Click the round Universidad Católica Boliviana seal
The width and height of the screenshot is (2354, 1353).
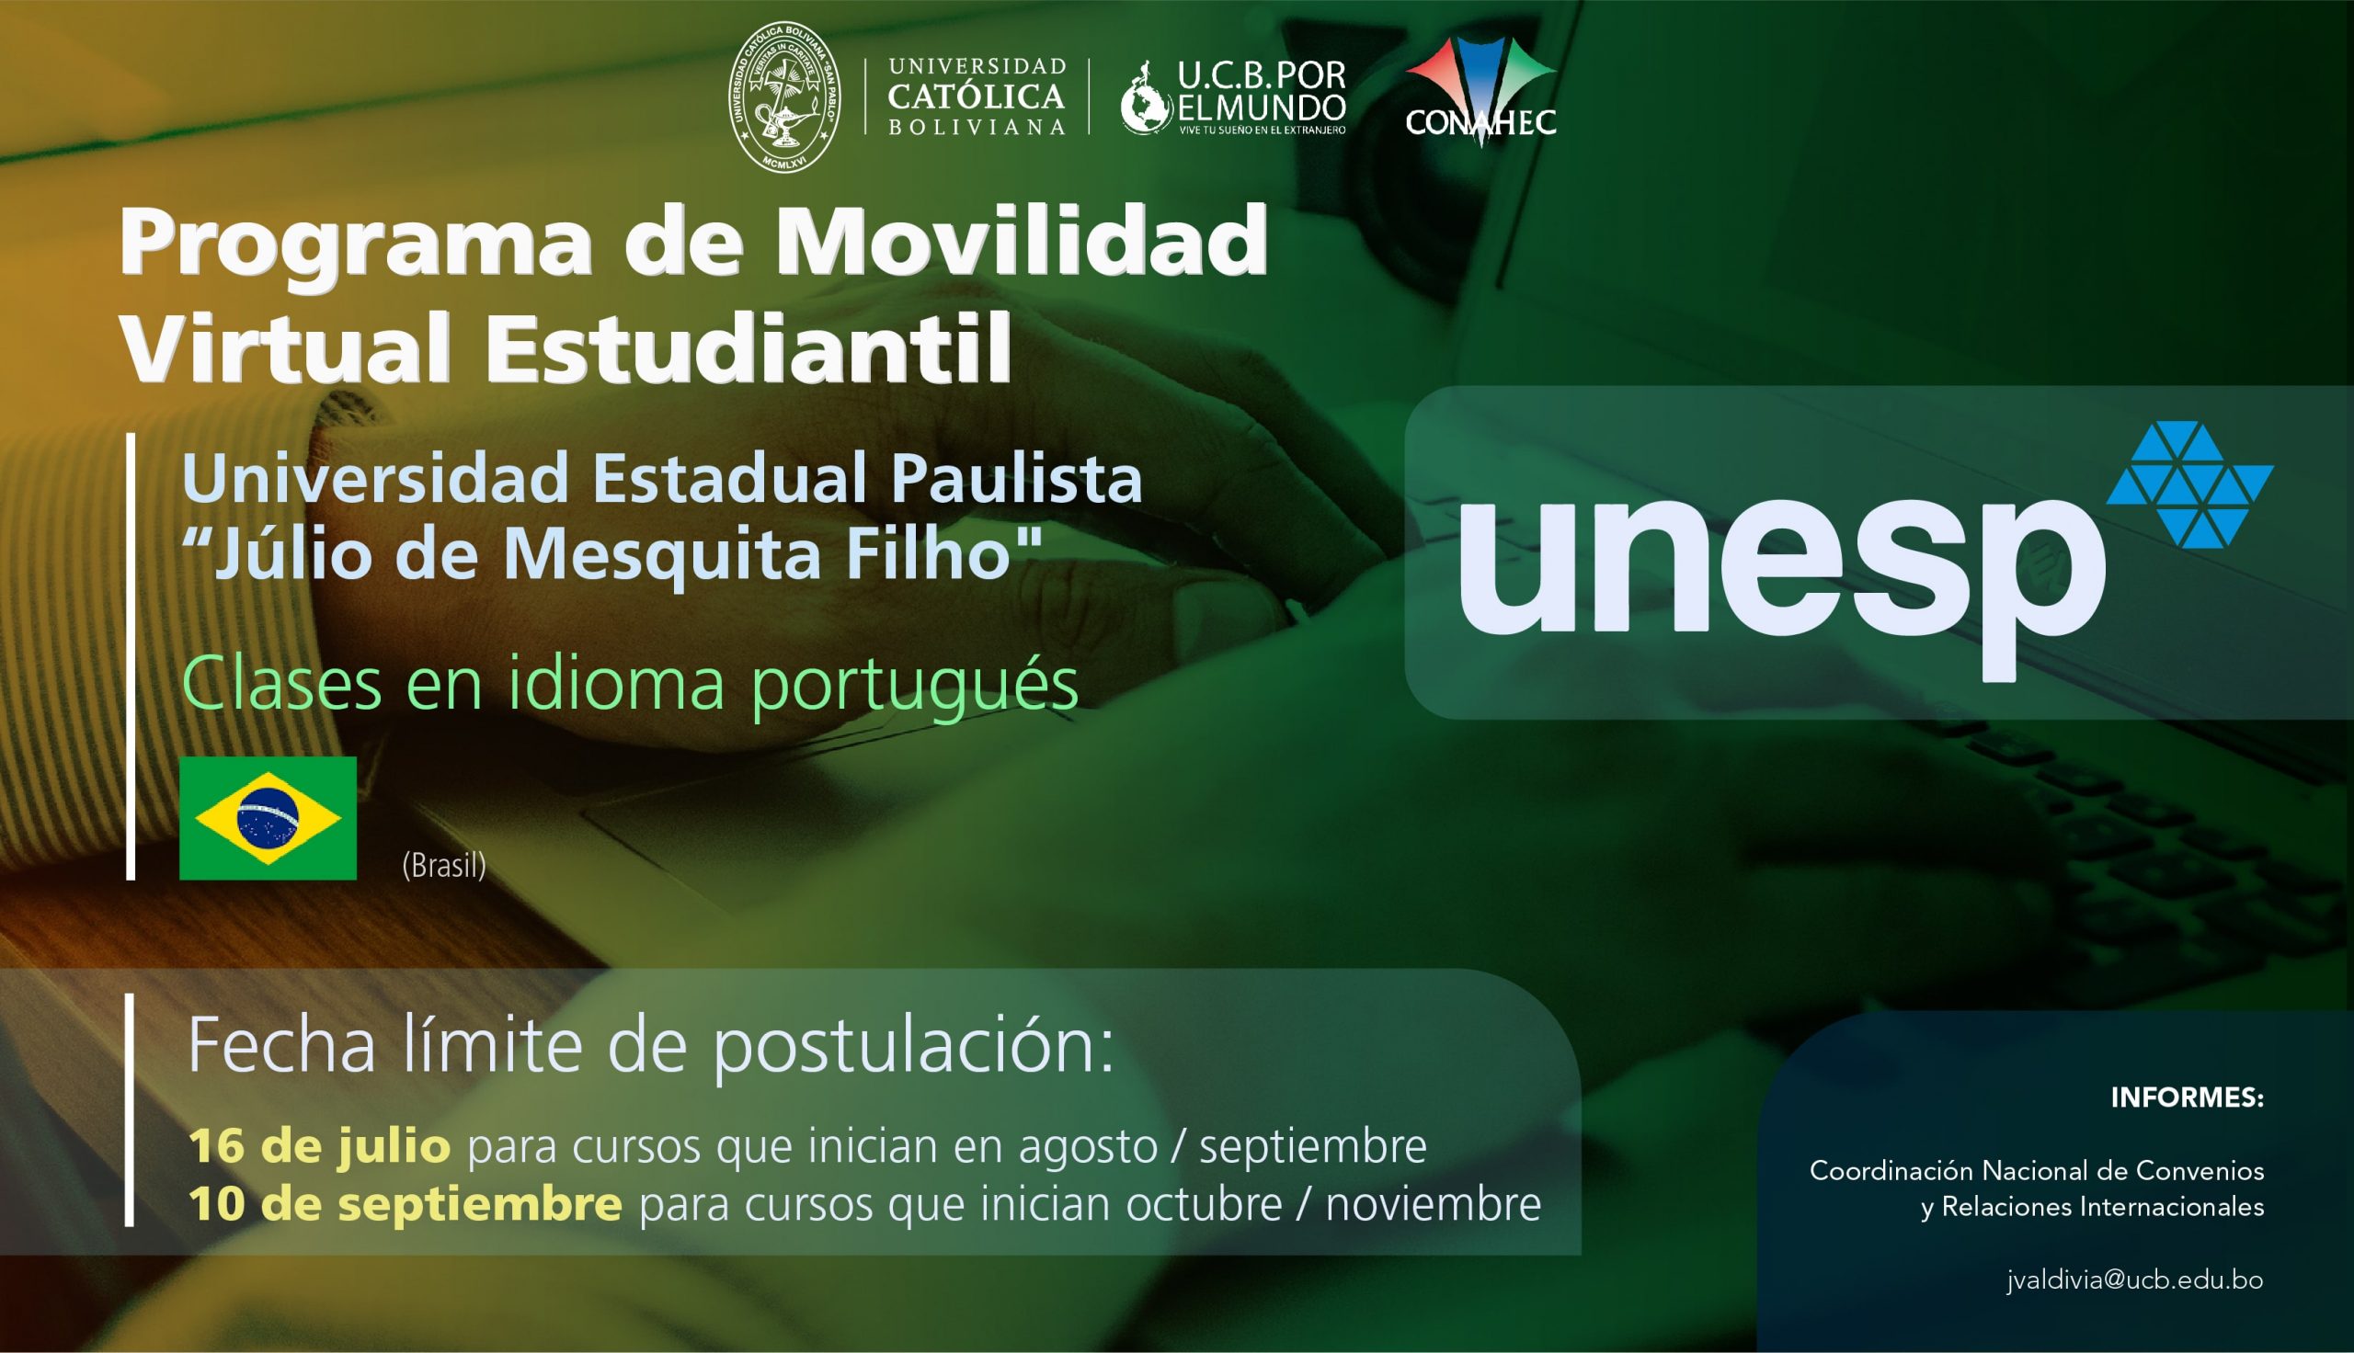[785, 97]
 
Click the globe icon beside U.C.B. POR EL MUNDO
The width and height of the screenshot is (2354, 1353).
[1146, 100]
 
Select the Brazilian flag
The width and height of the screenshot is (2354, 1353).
[268, 818]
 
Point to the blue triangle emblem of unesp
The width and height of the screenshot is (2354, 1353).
[2189, 484]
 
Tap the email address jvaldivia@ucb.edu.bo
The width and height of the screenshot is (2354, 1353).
[2134, 1279]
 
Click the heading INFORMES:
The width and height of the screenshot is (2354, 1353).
[2188, 1097]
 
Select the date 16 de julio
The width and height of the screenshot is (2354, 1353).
[320, 1146]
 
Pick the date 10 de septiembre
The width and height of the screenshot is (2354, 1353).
[406, 1204]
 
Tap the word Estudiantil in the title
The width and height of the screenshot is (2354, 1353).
[748, 348]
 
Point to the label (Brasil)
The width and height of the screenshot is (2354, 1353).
[444, 866]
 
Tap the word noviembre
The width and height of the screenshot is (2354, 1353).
[1433, 1204]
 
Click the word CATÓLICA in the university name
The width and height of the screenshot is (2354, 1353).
[976, 96]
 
